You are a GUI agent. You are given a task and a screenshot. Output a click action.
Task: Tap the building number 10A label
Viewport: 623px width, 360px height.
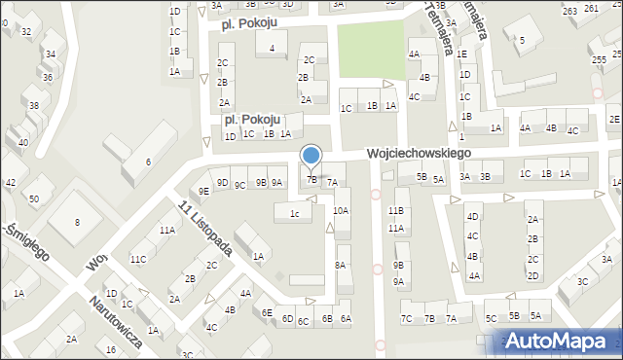point(341,210)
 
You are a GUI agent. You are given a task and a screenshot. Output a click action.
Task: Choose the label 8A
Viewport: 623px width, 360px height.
point(341,265)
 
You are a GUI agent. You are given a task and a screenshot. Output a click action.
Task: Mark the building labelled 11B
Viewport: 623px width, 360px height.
point(396,210)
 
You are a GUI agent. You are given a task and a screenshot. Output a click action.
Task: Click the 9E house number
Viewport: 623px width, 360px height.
point(203,191)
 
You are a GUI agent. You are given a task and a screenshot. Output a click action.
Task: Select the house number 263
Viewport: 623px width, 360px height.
point(568,9)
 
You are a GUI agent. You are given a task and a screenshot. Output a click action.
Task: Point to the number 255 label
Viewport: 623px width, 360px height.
point(600,59)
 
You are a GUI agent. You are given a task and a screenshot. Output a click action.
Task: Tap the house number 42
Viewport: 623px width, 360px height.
point(11,183)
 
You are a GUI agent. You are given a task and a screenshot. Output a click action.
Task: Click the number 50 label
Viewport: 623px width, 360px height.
point(33,199)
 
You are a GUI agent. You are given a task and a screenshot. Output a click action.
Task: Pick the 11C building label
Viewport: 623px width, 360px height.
point(139,259)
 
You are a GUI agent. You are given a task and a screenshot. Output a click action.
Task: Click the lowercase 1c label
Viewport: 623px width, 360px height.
point(294,212)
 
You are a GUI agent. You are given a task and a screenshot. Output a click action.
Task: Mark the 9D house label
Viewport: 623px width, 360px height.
point(222,183)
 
